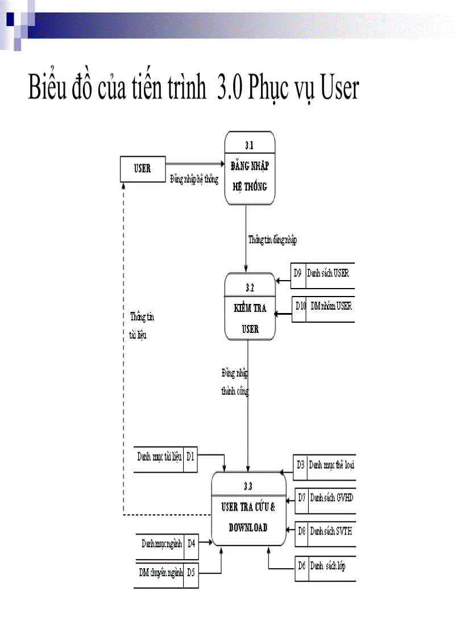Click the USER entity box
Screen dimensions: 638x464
pyautogui.click(x=142, y=169)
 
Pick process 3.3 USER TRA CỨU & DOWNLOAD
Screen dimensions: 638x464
pyautogui.click(x=248, y=508)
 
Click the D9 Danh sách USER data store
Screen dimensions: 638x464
pyautogui.click(x=322, y=273)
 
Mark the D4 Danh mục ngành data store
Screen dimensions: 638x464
pyautogui.click(x=167, y=543)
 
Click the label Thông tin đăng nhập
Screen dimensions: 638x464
pyautogui.click(x=272, y=240)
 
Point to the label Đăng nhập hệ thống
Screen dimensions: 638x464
pyautogui.click(x=194, y=179)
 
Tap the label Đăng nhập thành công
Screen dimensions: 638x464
pyautogui.click(x=235, y=382)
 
